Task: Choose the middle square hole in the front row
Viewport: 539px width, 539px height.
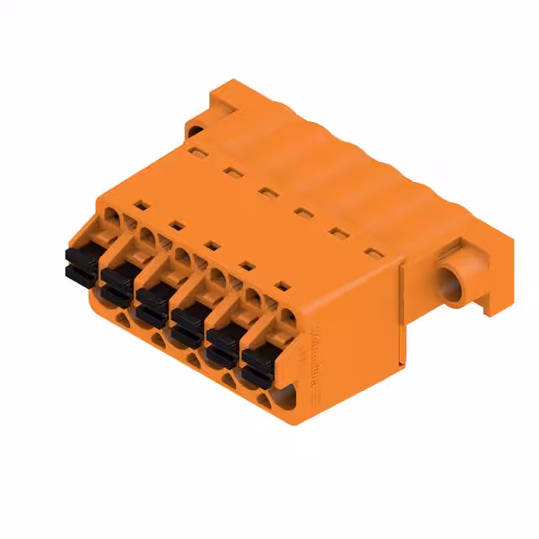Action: (x=212, y=245)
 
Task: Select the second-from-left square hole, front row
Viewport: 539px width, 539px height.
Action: (x=177, y=225)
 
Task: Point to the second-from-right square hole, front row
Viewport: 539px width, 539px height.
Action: (x=248, y=266)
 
